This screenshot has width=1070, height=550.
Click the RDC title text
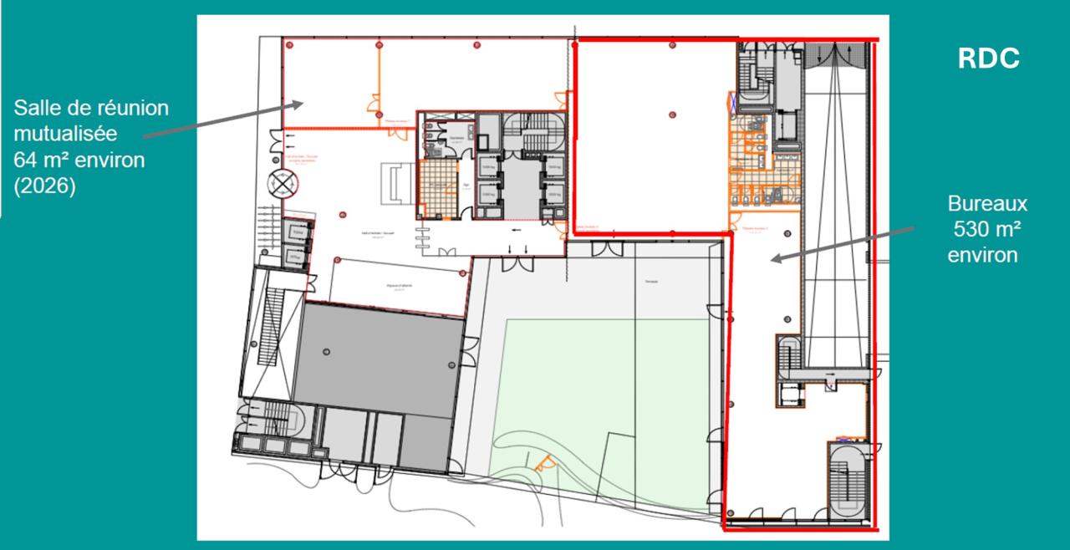[x=988, y=59]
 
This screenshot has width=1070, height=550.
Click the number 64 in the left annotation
[x=23, y=159]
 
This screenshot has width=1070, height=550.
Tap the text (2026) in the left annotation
[x=44, y=186]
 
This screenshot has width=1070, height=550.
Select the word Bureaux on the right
[x=987, y=204]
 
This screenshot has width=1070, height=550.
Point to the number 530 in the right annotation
[x=973, y=229]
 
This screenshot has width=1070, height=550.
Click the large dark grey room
[x=376, y=355]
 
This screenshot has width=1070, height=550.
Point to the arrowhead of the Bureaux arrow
[x=774, y=260]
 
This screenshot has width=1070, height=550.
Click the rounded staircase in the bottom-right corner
[x=846, y=481]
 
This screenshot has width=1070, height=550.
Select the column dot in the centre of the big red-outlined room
[x=672, y=115]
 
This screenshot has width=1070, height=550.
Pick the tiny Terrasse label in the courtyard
[x=651, y=282]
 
